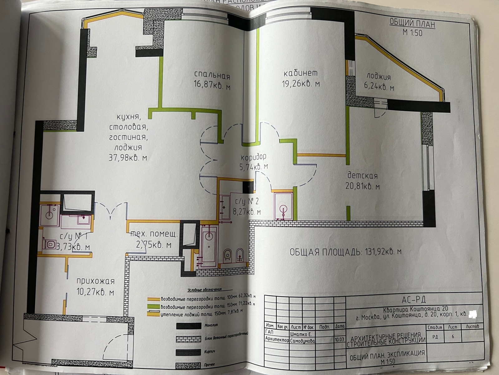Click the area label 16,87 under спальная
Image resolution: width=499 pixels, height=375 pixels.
(212, 87)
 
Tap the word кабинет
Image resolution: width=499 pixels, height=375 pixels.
(301, 73)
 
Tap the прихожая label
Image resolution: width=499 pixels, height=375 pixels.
(95, 281)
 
